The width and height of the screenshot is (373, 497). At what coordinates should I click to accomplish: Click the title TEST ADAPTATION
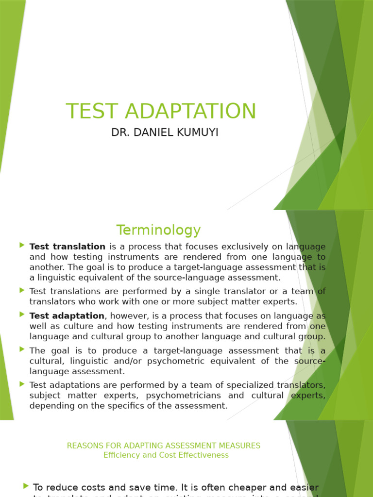[x=161, y=111]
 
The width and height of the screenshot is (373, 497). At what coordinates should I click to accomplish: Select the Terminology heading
[x=158, y=230]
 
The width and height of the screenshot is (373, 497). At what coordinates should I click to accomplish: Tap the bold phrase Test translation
[x=68, y=247]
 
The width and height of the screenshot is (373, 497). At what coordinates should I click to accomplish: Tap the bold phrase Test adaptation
[x=67, y=316]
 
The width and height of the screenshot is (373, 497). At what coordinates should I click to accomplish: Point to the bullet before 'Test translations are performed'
[x=22, y=290]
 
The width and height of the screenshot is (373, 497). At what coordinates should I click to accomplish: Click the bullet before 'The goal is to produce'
[x=22, y=349]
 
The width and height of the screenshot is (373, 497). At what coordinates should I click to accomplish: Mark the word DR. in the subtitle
[x=120, y=133]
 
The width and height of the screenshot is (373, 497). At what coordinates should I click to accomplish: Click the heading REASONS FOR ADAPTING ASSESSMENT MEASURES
[x=163, y=445]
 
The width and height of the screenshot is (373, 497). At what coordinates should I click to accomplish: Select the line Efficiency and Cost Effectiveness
[x=166, y=455]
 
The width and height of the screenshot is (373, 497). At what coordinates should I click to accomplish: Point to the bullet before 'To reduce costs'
[x=26, y=485]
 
